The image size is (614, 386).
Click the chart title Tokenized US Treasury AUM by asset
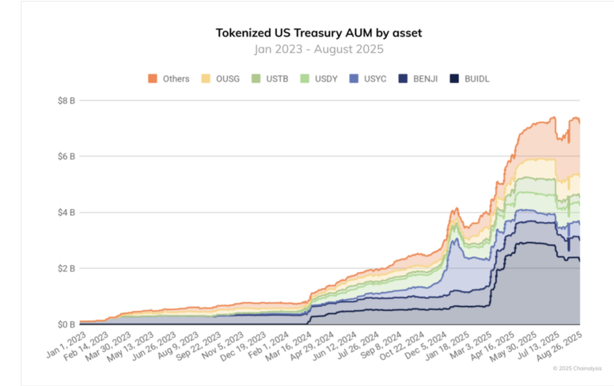coord(319,33)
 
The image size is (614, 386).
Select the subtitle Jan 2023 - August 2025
coord(319,49)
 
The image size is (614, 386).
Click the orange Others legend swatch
coord(152,78)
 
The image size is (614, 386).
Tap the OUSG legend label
coord(228,79)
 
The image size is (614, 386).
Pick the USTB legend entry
coord(270,79)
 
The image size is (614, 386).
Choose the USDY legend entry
coord(319,79)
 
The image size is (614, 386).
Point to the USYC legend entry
coord(368,79)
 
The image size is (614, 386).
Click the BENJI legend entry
coord(418,79)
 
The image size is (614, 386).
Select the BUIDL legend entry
coord(469,79)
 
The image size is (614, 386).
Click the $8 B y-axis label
coord(66,101)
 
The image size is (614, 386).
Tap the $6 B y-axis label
coord(66,157)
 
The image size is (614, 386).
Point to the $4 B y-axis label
coord(66,212)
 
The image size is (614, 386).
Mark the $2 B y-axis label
coord(66,268)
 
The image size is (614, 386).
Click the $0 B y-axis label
coord(66,325)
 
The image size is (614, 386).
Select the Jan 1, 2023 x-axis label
coord(66,345)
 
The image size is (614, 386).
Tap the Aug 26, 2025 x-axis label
coord(559,346)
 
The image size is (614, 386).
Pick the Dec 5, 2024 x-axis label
coord(425,345)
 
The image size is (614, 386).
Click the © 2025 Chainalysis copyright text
coord(577,369)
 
